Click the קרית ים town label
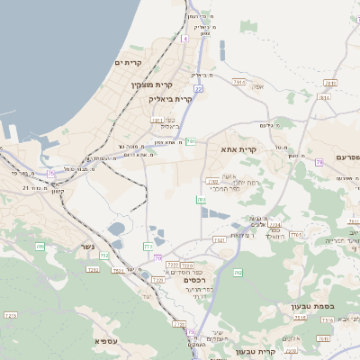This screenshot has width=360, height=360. [130, 62]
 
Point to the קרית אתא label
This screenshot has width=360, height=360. [238, 149]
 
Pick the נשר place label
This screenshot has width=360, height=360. [88, 246]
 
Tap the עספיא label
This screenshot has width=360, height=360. [104, 341]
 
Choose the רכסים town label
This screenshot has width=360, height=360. [195, 281]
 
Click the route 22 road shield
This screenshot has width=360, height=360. [198, 89]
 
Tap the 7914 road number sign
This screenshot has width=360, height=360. [238, 82]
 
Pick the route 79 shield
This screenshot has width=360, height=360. [319, 163]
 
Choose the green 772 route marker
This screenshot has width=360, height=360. [148, 246]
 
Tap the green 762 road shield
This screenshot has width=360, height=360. [238, 273]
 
